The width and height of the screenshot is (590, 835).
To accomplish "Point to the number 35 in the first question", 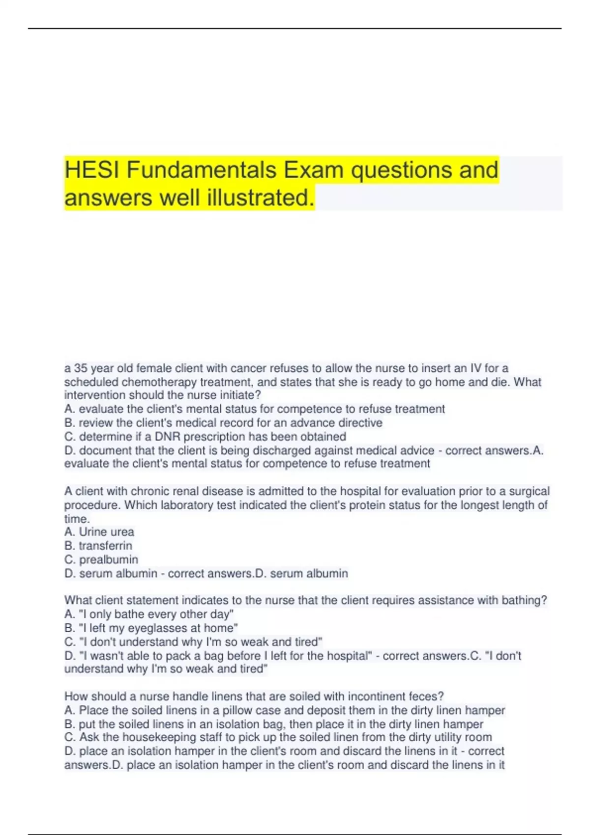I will click(80, 368).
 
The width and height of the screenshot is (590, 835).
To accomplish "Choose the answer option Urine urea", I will click(106, 532).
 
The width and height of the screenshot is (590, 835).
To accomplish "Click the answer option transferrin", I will click(105, 546).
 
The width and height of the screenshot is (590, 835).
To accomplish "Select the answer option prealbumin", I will click(108, 559).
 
